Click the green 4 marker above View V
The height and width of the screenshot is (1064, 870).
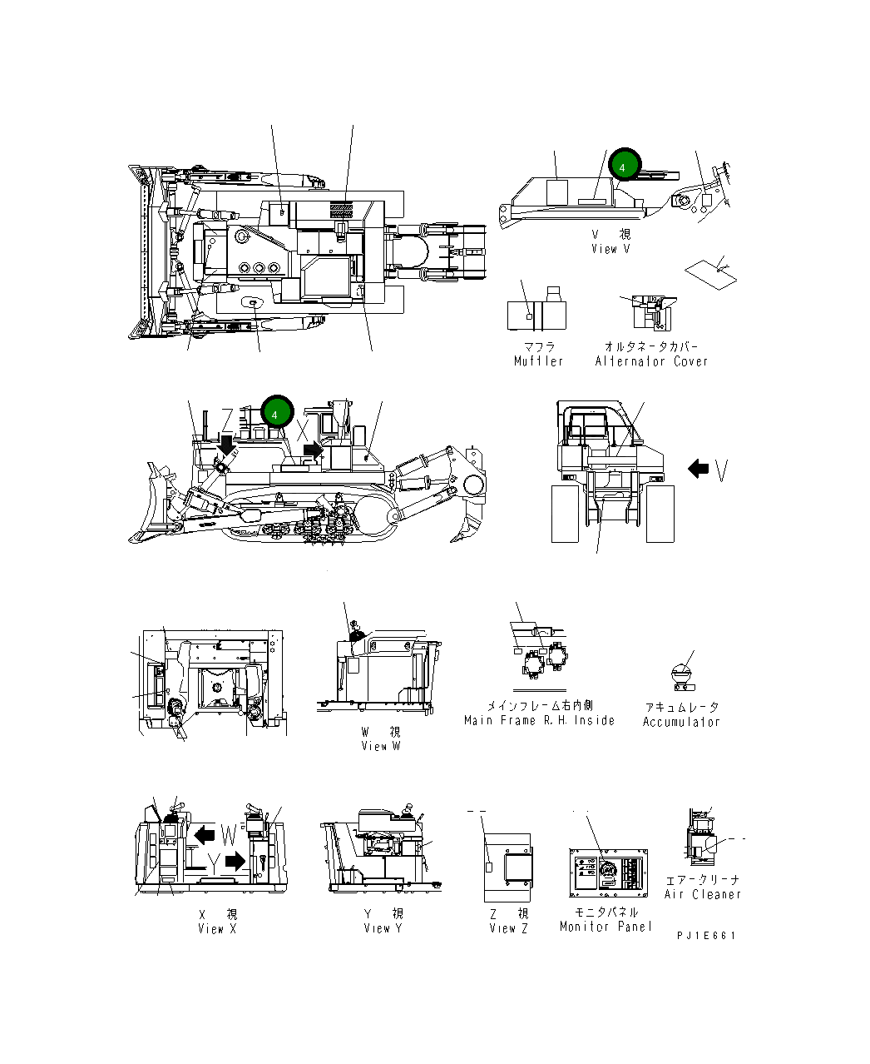click(624, 165)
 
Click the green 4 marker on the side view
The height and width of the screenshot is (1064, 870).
click(276, 411)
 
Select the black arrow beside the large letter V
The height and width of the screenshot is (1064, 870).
click(698, 469)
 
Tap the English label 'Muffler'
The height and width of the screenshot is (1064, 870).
click(538, 361)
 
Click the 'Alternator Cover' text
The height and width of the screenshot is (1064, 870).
click(651, 361)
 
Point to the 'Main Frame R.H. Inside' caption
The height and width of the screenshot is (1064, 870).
click(539, 720)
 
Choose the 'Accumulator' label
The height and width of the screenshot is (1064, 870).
click(681, 722)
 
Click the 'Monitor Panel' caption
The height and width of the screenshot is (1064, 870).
click(606, 927)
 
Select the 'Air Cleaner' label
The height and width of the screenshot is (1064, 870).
click(702, 894)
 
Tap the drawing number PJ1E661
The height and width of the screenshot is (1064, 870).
click(706, 935)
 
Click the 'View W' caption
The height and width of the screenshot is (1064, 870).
click(381, 746)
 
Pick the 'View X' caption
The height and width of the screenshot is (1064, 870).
click(217, 928)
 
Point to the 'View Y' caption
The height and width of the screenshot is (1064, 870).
click(383, 927)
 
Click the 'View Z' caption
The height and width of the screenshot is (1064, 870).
click(508, 927)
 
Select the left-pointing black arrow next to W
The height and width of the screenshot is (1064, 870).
click(205, 834)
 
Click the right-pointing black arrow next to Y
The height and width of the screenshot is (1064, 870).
click(236, 861)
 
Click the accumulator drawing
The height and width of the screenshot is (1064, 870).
click(682, 674)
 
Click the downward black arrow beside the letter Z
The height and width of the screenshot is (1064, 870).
click(226, 445)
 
